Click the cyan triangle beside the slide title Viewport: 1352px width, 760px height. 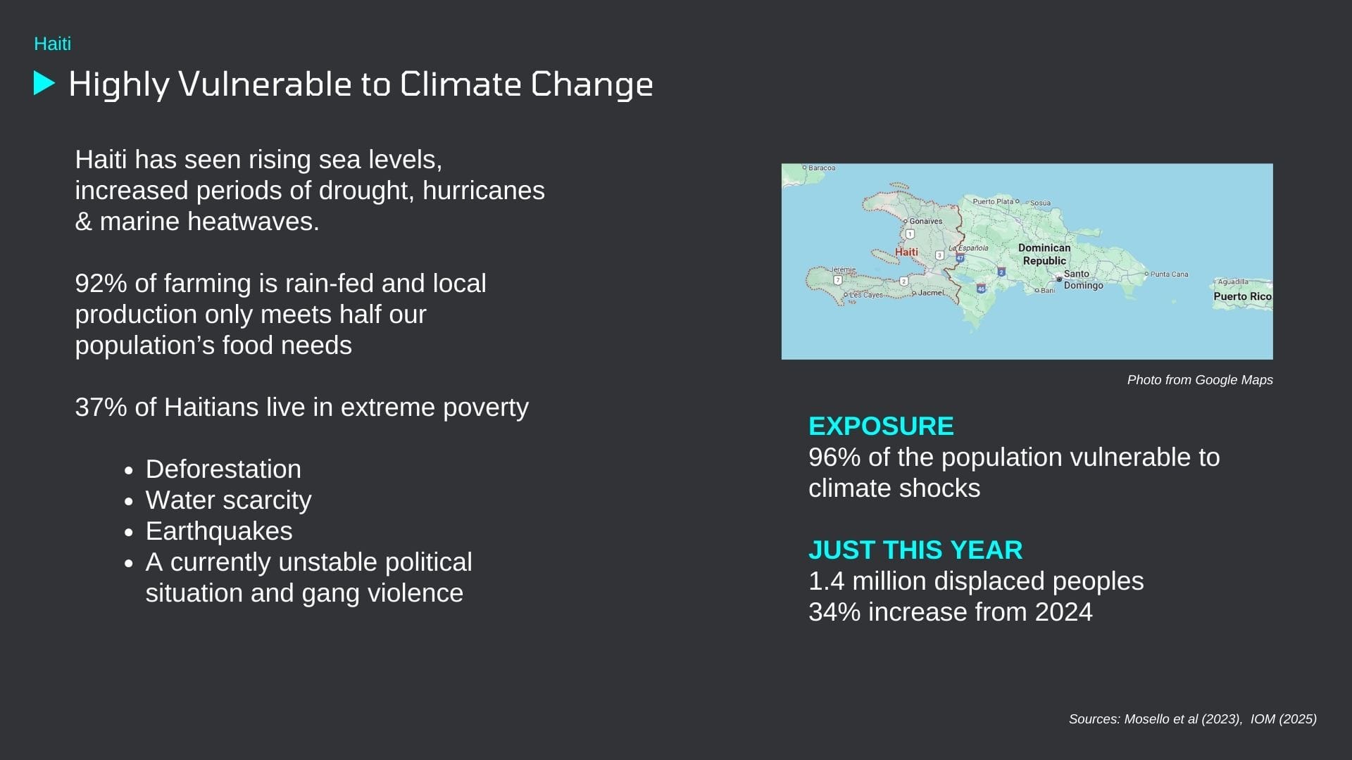[x=44, y=83]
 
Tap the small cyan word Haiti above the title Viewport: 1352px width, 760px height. [x=53, y=44]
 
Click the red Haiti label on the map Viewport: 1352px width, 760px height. [x=906, y=252]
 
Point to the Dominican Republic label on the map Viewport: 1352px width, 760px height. [x=1044, y=254]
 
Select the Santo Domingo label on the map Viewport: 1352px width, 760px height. [x=1083, y=279]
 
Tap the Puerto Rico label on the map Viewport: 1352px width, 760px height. [x=1242, y=296]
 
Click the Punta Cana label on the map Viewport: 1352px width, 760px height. [x=1169, y=274]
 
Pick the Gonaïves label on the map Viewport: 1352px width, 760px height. [x=925, y=221]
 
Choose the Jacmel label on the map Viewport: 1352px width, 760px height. [x=931, y=293]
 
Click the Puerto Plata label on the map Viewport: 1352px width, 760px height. [x=993, y=201]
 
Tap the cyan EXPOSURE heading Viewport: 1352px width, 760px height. [x=881, y=426]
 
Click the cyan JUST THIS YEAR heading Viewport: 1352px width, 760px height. [x=915, y=550]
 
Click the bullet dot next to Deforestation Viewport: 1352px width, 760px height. [x=128, y=470]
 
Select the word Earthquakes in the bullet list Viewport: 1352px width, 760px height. [x=219, y=531]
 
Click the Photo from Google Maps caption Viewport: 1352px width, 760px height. [x=1200, y=380]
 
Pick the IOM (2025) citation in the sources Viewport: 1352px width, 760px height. [x=1284, y=719]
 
